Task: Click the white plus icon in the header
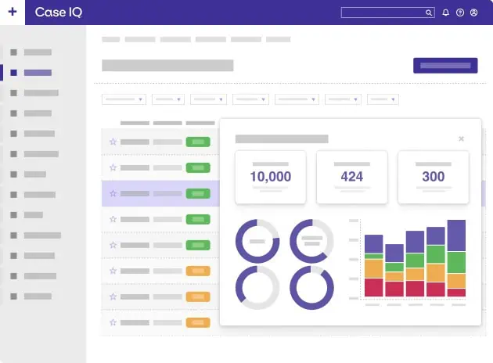pyautogui.click(x=12, y=12)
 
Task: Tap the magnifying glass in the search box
pyautogui.click(x=429, y=13)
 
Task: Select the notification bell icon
pyautogui.click(x=446, y=13)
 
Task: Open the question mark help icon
pyautogui.click(x=460, y=13)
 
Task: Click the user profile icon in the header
pyautogui.click(x=473, y=13)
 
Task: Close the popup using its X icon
pyautogui.click(x=461, y=138)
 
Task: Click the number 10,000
pyautogui.click(x=271, y=177)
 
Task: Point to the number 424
pyautogui.click(x=352, y=177)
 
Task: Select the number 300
pyautogui.click(x=434, y=177)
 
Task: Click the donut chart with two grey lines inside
pyautogui.click(x=312, y=240)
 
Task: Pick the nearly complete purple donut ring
pyautogui.click(x=312, y=288)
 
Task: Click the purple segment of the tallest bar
pyautogui.click(x=456, y=235)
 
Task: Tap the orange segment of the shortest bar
pyautogui.click(x=395, y=275)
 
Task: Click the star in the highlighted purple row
pyautogui.click(x=113, y=193)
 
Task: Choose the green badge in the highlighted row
pyautogui.click(x=198, y=193)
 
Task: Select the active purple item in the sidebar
pyautogui.click(x=38, y=72)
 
